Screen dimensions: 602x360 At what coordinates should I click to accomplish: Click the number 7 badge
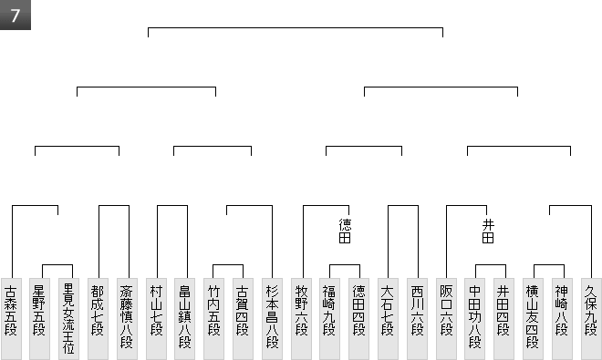pyautogui.click(x=15, y=15)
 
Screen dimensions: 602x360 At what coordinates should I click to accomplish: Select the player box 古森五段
pyautogui.click(x=11, y=319)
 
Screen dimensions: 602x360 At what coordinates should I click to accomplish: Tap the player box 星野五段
pyautogui.click(x=39, y=319)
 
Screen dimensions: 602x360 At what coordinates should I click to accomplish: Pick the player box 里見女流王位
pyautogui.click(x=68, y=319)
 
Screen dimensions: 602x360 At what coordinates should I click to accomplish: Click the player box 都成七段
pyautogui.click(x=98, y=319)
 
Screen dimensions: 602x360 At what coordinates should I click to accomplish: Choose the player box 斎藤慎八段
pyautogui.click(x=127, y=319)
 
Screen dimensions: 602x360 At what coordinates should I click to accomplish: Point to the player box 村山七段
pyautogui.click(x=156, y=319)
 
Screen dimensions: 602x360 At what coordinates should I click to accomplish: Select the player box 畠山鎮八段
pyautogui.click(x=184, y=319)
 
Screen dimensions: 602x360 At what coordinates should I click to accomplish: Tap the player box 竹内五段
pyautogui.click(x=213, y=319)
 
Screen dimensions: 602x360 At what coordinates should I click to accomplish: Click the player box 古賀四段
pyautogui.click(x=243, y=319)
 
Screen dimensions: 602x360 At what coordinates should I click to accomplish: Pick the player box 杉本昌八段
pyautogui.click(x=272, y=319)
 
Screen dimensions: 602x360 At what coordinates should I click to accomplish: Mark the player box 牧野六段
pyautogui.click(x=301, y=319)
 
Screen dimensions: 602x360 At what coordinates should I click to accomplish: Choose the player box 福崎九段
pyautogui.click(x=330, y=319)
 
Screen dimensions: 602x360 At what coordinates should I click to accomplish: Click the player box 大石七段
pyautogui.click(x=389, y=319)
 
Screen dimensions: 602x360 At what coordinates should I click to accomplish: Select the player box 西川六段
pyautogui.click(x=418, y=319)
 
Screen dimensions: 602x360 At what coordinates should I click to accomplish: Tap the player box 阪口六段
pyautogui.click(x=447, y=319)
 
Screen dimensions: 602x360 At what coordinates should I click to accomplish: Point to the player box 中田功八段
pyautogui.click(x=475, y=319)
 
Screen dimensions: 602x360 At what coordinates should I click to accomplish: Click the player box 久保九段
pyautogui.click(x=592, y=319)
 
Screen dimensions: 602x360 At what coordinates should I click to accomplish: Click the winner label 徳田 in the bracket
pyautogui.click(x=345, y=231)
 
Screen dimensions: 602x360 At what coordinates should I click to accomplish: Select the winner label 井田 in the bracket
pyautogui.click(x=488, y=231)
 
